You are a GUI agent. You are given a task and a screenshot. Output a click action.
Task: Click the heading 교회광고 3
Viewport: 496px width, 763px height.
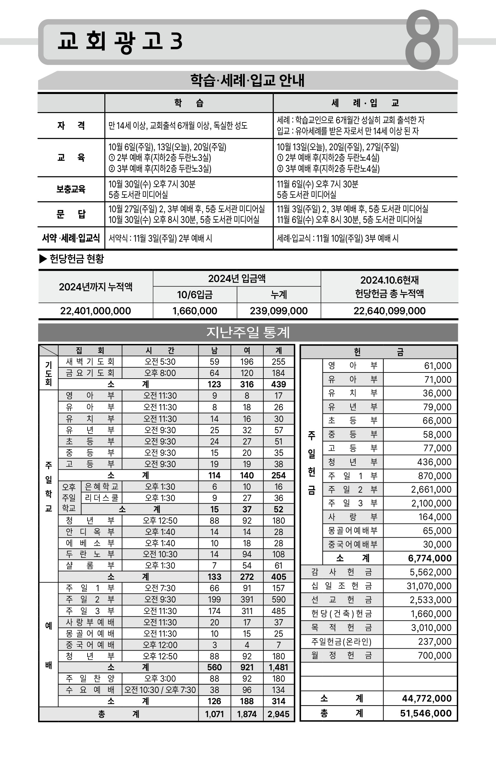120,41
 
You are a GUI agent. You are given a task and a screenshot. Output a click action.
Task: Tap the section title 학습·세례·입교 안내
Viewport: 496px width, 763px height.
248,80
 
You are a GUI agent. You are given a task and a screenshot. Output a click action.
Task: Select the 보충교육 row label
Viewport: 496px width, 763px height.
71,189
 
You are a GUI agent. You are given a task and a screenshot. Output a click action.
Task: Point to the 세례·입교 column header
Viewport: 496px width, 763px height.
365,103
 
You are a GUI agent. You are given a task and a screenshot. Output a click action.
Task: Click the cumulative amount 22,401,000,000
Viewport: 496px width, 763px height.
95,311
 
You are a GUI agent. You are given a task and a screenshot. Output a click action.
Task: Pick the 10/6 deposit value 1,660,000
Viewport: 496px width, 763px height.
195,311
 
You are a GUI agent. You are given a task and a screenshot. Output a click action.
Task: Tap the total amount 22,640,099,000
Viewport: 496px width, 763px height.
389,311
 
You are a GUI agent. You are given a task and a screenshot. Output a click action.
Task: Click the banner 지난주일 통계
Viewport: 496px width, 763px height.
248,332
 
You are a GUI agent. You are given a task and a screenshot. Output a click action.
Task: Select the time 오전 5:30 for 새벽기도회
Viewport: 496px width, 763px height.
160,361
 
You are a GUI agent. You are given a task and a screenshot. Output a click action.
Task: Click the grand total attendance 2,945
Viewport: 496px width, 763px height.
279,714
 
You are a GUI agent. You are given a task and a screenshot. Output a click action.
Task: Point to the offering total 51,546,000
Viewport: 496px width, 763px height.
426,713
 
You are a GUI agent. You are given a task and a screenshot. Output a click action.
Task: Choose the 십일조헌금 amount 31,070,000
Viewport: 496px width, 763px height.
429,586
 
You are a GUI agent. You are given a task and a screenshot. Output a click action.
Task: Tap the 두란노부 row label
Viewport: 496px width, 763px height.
90,554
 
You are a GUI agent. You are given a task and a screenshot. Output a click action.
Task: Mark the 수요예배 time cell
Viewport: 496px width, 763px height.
160,690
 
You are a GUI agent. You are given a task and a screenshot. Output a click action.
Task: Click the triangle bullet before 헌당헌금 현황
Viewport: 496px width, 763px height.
43,259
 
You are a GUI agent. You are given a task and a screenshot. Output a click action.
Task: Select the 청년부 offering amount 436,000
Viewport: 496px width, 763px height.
434,462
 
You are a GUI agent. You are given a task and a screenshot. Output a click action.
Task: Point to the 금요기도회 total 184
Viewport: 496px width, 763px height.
279,373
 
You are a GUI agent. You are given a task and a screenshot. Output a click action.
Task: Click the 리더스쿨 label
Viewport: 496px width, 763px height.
101,498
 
